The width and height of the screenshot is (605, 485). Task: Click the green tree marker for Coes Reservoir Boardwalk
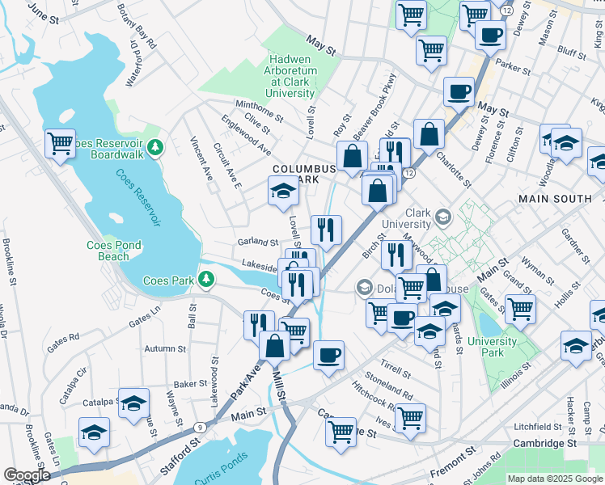159,146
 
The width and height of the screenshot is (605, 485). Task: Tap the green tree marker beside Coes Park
208,280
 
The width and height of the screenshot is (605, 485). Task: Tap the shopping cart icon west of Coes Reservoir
61,144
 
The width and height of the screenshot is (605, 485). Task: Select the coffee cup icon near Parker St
490,35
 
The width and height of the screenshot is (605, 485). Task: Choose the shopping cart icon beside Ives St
411,418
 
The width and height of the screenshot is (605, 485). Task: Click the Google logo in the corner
27,475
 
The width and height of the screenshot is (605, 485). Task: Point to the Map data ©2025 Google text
554,479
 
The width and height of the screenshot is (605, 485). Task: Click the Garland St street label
258,242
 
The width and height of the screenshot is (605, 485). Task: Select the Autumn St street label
164,348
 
